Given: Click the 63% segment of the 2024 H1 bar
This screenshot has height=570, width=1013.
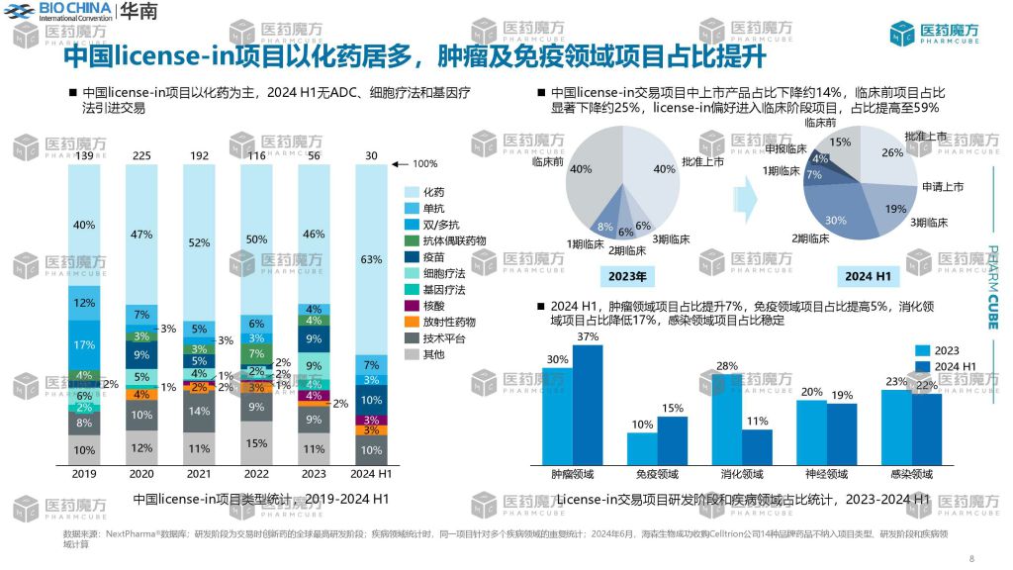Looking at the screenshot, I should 370,259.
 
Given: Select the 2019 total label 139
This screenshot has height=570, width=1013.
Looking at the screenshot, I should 84,156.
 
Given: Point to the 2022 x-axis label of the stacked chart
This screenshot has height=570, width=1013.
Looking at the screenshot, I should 256,473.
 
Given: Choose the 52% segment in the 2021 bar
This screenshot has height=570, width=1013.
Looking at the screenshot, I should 199,242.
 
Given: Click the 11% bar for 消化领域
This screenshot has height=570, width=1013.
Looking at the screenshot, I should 757,446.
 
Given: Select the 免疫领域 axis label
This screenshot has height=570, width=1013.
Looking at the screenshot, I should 656,474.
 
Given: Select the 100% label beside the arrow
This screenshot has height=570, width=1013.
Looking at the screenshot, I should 423,163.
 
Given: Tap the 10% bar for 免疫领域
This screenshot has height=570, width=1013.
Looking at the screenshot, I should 641,448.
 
